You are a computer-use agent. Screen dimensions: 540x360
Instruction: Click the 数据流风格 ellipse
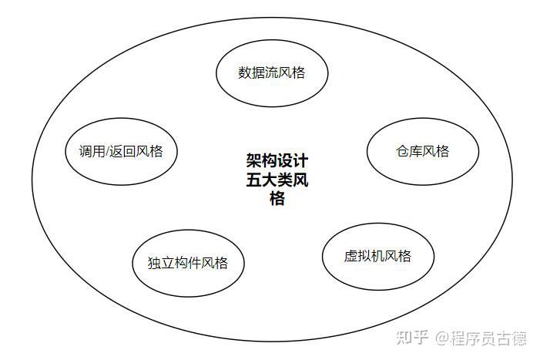[271, 74]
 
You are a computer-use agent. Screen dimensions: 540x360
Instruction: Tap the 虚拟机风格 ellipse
[377, 256]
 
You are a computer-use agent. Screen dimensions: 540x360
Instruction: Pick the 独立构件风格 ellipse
[188, 263]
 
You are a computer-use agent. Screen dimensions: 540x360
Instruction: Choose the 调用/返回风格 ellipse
[121, 151]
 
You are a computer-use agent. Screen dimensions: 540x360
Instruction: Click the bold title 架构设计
[277, 162]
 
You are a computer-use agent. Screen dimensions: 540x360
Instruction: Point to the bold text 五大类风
[277, 180]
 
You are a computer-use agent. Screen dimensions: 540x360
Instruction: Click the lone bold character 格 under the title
[277, 199]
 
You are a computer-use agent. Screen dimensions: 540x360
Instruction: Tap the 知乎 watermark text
[412, 338]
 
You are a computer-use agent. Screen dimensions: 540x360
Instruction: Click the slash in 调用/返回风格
[112, 151]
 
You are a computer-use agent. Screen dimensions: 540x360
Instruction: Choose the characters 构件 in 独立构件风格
[188, 263]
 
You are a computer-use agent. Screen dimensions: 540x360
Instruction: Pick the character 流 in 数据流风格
[271, 74]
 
